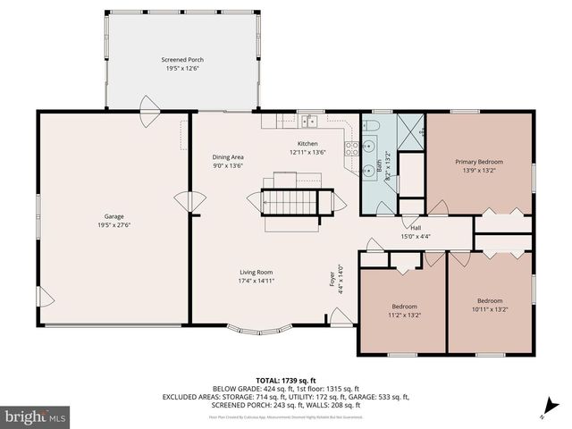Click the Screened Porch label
182,60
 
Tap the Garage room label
114,216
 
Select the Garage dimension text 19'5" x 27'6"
114,224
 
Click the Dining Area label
228,156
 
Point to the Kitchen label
307,144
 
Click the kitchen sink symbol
309,122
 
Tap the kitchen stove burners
352,147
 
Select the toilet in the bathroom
374,125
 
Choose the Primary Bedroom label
479,162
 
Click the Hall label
416,228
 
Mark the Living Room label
256,273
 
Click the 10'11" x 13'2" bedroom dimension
489,309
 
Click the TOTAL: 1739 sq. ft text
286,380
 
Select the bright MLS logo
35,416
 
